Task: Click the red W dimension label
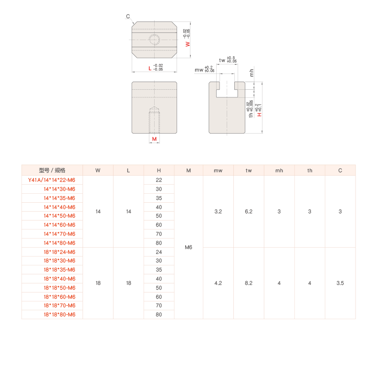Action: coord(188,44)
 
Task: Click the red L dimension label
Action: coord(150,69)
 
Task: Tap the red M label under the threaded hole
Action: coord(154,139)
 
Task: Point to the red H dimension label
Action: coord(259,115)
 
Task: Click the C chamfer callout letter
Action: coord(128,16)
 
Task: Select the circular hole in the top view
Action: coord(154,40)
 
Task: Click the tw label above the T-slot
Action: coord(222,60)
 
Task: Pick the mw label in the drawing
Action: coord(199,70)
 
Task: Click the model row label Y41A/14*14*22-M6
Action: coord(52,180)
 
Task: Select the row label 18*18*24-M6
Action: coord(59,252)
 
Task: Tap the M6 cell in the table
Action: coord(188,247)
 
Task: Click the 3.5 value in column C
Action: coord(340,283)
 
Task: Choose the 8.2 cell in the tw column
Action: coord(249,283)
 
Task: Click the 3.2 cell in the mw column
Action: coord(218,211)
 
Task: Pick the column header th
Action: coord(310,170)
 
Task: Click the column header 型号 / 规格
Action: coord(52,170)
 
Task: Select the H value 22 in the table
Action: coord(159,180)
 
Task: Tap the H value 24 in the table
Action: coord(159,252)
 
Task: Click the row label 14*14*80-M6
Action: coord(59,243)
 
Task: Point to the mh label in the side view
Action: coord(251,73)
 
